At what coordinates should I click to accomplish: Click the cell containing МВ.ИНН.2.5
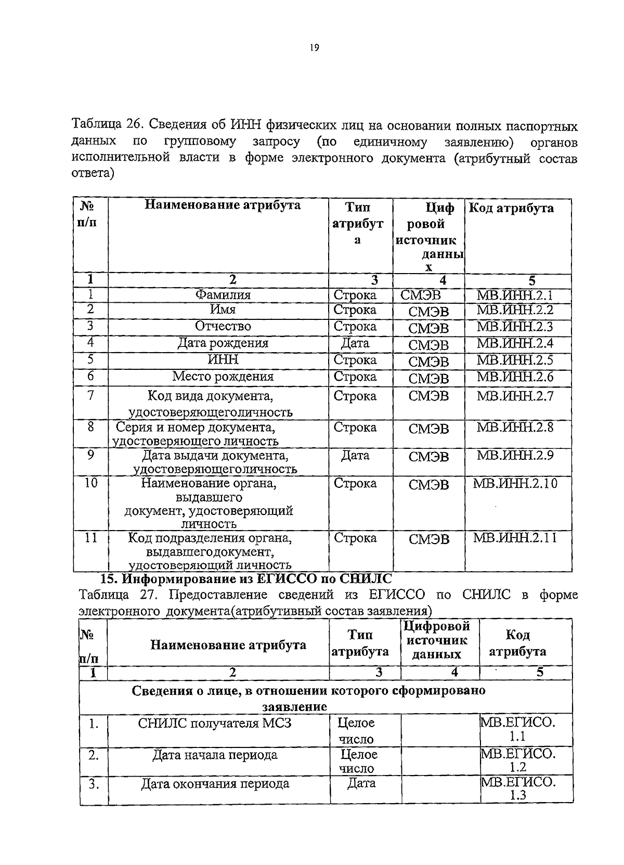click(x=515, y=360)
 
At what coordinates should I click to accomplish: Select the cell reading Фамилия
click(x=223, y=295)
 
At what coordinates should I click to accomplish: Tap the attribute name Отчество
click(x=223, y=326)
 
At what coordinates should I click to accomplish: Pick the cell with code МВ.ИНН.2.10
click(x=515, y=483)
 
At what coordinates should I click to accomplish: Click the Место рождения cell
click(x=223, y=376)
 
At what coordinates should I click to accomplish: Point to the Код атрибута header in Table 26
click(x=511, y=209)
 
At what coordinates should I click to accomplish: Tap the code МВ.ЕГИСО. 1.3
click(x=518, y=789)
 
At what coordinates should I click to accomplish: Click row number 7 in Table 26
click(x=90, y=395)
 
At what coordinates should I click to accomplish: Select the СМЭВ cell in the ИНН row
click(x=428, y=362)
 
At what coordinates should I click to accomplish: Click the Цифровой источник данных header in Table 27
click(x=436, y=640)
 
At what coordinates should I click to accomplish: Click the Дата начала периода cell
click(x=215, y=755)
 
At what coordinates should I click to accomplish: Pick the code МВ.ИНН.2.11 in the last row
click(x=515, y=537)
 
